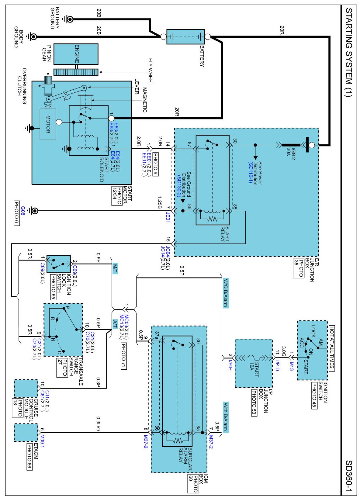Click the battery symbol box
[185, 37]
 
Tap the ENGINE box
[76, 54]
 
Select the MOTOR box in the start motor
[48, 124]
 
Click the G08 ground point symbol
[34, 210]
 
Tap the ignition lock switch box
[58, 264]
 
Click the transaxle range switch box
[63, 330]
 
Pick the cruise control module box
[26, 389]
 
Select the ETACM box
[26, 433]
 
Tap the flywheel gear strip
[76, 72]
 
